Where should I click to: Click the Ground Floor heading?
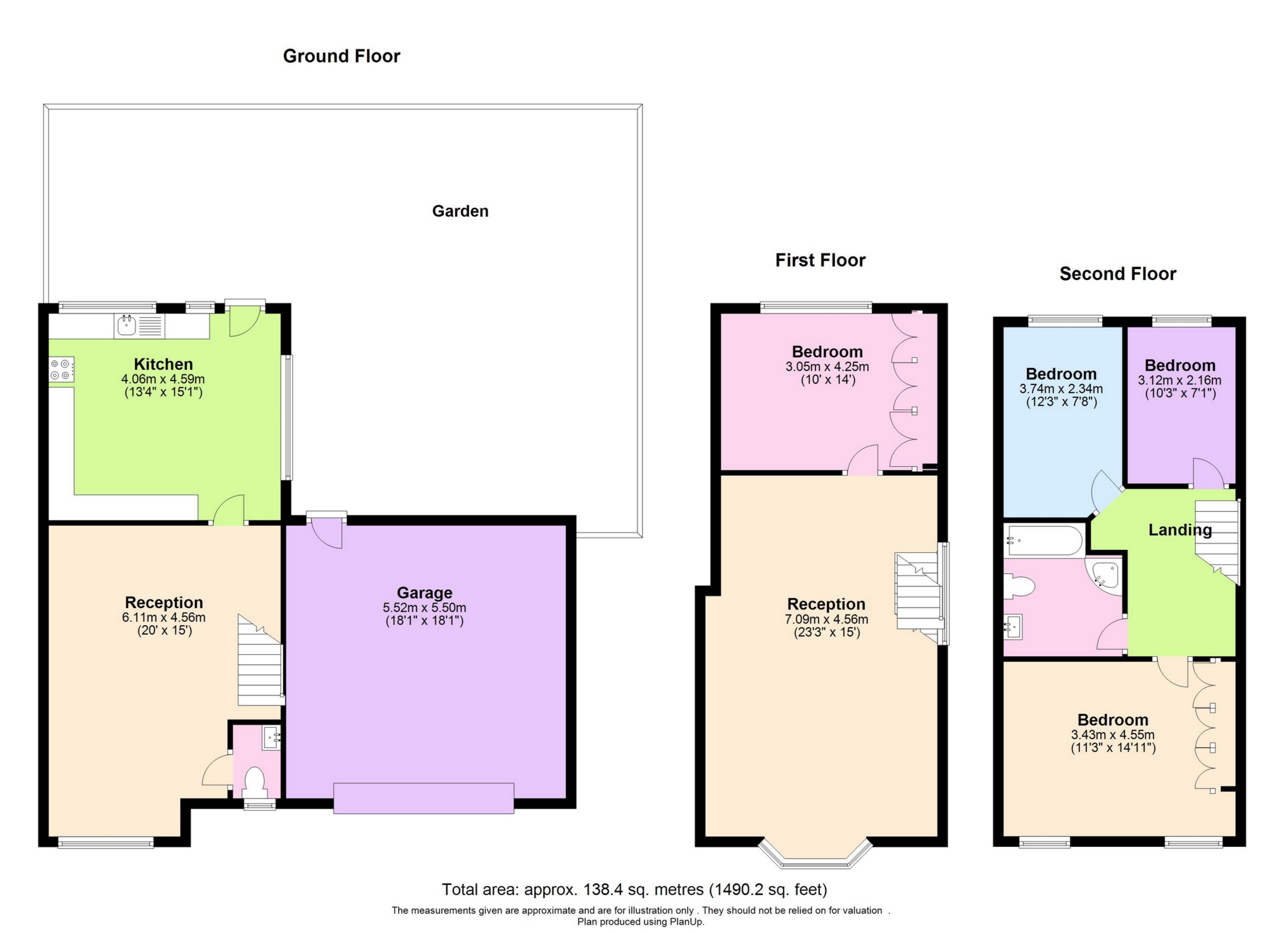pyautogui.click(x=341, y=56)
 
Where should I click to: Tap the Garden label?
pyautogui.click(x=460, y=212)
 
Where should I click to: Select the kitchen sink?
pyautogui.click(x=127, y=326)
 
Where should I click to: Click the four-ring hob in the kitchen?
pyautogui.click(x=61, y=370)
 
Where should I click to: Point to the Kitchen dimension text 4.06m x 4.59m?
pyautogui.click(x=163, y=379)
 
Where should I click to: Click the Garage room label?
pyautogui.click(x=424, y=593)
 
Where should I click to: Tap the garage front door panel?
pyautogui.click(x=424, y=798)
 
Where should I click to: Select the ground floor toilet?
pyautogui.click(x=255, y=781)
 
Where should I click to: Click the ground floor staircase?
pyautogui.click(x=260, y=665)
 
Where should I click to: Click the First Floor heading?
pyautogui.click(x=820, y=260)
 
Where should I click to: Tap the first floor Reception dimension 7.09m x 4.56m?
pyautogui.click(x=826, y=619)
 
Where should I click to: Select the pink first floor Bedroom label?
pyautogui.click(x=827, y=352)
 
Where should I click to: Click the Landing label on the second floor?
pyautogui.click(x=1179, y=530)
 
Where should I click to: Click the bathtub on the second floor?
pyautogui.click(x=1044, y=541)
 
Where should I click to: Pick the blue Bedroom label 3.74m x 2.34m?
pyautogui.click(x=1060, y=374)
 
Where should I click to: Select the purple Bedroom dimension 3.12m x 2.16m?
pyautogui.click(x=1179, y=381)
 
